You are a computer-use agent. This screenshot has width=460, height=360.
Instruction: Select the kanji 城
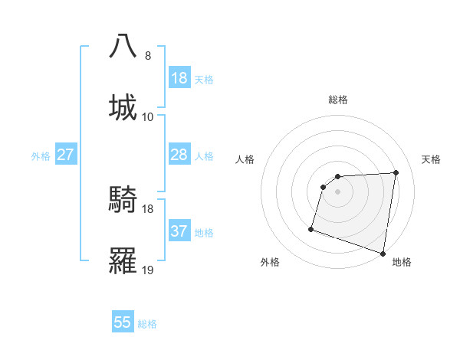(x=123, y=106)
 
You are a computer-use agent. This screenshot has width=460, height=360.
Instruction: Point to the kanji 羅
(x=123, y=261)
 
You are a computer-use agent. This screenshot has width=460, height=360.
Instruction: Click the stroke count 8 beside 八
(x=148, y=56)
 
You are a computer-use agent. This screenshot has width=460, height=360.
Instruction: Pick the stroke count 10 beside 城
(x=148, y=116)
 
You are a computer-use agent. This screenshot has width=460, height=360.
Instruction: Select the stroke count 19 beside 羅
(x=148, y=270)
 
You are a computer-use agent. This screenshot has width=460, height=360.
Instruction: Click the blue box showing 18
(x=179, y=77)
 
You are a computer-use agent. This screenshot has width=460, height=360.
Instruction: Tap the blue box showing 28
(x=179, y=155)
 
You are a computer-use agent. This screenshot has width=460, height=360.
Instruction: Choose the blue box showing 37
(x=179, y=231)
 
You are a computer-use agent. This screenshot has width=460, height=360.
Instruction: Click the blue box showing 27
(x=66, y=155)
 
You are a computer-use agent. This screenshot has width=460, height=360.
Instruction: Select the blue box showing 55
(x=123, y=322)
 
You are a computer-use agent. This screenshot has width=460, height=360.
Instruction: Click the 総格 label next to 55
(x=147, y=324)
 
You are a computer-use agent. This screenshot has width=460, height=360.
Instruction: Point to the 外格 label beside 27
(x=41, y=156)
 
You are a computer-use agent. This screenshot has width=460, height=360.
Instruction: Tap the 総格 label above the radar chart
(x=338, y=100)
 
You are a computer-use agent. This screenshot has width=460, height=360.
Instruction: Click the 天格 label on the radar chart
(x=432, y=159)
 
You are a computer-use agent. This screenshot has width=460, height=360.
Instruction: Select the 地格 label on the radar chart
(x=402, y=263)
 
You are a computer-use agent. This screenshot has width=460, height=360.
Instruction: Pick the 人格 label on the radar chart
(x=245, y=159)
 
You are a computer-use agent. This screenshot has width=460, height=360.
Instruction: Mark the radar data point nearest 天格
(x=396, y=172)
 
